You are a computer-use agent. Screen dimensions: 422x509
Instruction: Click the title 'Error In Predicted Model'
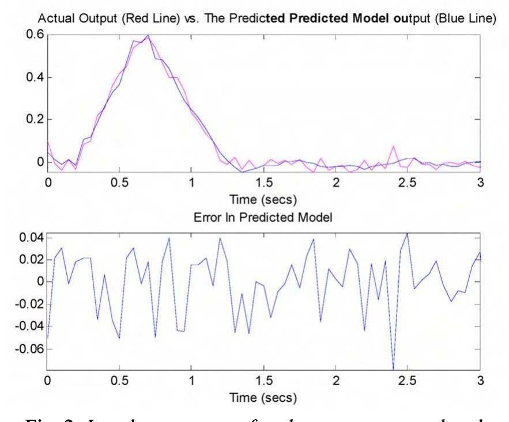tap(263, 220)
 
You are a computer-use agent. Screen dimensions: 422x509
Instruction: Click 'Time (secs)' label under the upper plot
tap(263, 200)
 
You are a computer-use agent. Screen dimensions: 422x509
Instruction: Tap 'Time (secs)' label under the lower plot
tap(263, 398)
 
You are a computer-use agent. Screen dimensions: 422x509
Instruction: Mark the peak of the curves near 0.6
tap(148, 36)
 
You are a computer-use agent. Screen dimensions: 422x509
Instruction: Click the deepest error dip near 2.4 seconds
tap(393, 368)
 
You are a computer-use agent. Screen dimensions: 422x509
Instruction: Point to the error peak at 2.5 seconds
tap(408, 234)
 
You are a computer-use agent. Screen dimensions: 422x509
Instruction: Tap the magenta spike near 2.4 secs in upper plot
tap(394, 146)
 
